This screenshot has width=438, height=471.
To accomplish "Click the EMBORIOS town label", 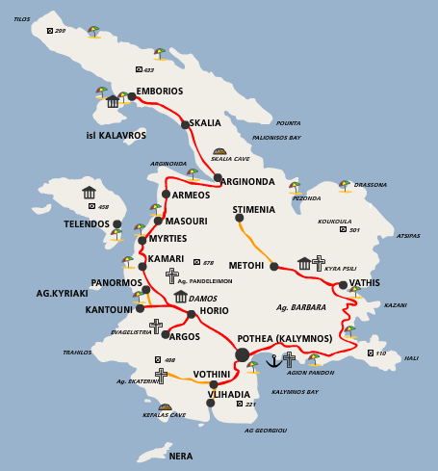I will point(160,92).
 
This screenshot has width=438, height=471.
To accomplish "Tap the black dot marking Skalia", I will point(185,123).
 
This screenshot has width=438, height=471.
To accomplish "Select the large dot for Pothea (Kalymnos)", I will point(242,354).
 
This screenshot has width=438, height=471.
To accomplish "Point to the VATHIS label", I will point(365,283).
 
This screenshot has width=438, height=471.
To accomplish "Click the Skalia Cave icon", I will point(219,151).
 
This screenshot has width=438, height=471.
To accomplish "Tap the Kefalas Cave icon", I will point(165,407).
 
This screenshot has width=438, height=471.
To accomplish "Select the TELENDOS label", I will point(87,224).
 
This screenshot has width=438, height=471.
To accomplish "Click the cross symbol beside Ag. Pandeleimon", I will point(171,275).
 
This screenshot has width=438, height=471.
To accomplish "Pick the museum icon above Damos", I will point(180,297).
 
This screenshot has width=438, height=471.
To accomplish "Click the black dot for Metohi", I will point(273,266).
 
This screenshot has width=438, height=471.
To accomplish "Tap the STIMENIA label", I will point(253,210).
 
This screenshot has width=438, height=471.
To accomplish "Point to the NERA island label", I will point(180,456).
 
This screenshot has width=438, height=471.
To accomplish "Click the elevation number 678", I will point(208,263).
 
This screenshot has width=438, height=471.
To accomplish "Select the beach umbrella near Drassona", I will point(344,185).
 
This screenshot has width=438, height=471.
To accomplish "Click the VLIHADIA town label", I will point(228,395).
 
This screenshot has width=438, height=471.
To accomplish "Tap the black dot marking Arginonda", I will point(219,178).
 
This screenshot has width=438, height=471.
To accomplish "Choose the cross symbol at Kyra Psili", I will point(319,262).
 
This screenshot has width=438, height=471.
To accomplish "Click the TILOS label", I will point(21,19).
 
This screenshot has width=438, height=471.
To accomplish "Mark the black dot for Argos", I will point(166,334).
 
